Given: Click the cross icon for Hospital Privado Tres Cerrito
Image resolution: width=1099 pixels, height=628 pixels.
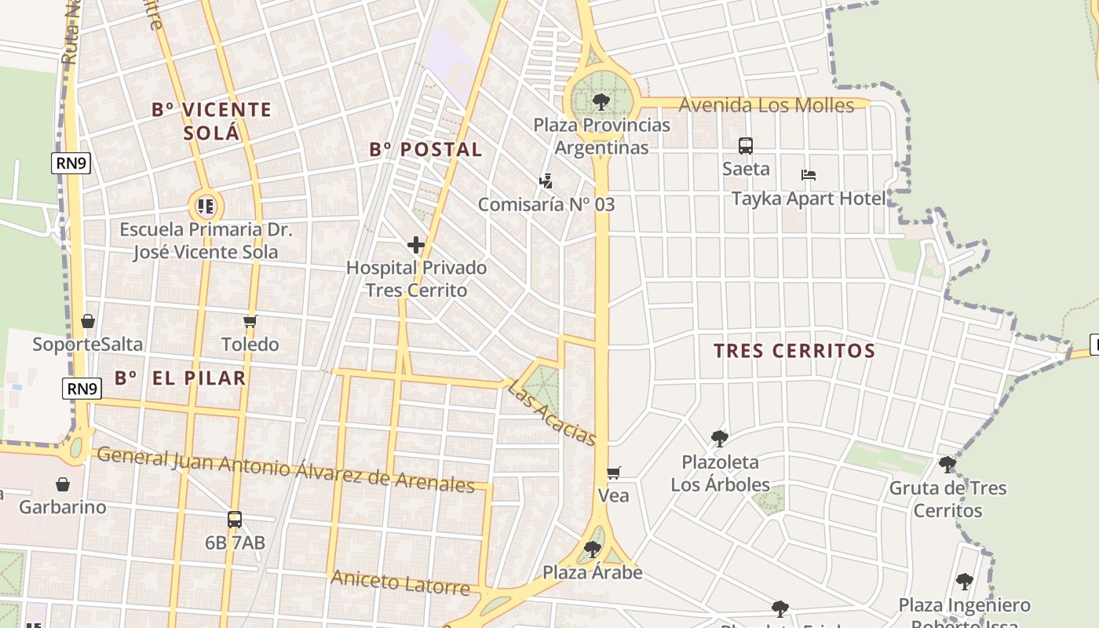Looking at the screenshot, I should coord(416,246).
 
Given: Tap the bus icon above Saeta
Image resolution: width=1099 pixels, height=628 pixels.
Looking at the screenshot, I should coord(746,146).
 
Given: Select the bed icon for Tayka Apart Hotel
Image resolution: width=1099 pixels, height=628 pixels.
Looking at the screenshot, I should coord(809,175).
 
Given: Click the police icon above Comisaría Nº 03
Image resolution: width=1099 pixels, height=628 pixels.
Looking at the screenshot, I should coord(546,181).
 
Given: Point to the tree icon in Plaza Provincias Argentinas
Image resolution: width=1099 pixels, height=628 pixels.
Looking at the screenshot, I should coord(601,101).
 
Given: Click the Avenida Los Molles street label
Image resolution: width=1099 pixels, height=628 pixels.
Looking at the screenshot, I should coord(765,105).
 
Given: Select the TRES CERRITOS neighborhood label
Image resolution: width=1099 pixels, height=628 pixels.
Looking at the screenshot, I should coord(794,351).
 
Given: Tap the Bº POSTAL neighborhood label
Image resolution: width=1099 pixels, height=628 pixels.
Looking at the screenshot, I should coord(425,149).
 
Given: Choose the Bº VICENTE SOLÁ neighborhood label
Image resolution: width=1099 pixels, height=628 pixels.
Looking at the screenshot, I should coord(211,121).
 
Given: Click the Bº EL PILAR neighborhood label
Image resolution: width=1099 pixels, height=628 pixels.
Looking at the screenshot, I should coord(181,378).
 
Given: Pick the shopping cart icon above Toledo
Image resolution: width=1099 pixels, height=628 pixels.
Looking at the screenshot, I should coord(250,321).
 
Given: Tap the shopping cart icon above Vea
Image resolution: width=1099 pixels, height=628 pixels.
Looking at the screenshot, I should coord(614,473).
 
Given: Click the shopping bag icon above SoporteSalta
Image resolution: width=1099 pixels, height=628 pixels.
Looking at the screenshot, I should coord(88,321).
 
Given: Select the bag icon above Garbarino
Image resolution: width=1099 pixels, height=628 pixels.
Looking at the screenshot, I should coord(63,484).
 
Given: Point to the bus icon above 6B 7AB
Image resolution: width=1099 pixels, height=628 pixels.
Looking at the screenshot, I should coord(235,519).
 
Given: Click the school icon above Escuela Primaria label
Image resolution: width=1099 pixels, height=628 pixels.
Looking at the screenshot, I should coord(206,206).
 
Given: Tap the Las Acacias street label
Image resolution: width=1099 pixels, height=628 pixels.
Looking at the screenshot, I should coord(552,413).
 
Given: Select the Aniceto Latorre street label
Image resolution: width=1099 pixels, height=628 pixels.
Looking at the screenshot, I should coord(400,583).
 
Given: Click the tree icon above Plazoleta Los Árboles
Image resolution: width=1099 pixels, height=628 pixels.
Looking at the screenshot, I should coord(719,439).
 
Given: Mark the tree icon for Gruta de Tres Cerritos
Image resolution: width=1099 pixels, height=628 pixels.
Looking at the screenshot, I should coord(947,465).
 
